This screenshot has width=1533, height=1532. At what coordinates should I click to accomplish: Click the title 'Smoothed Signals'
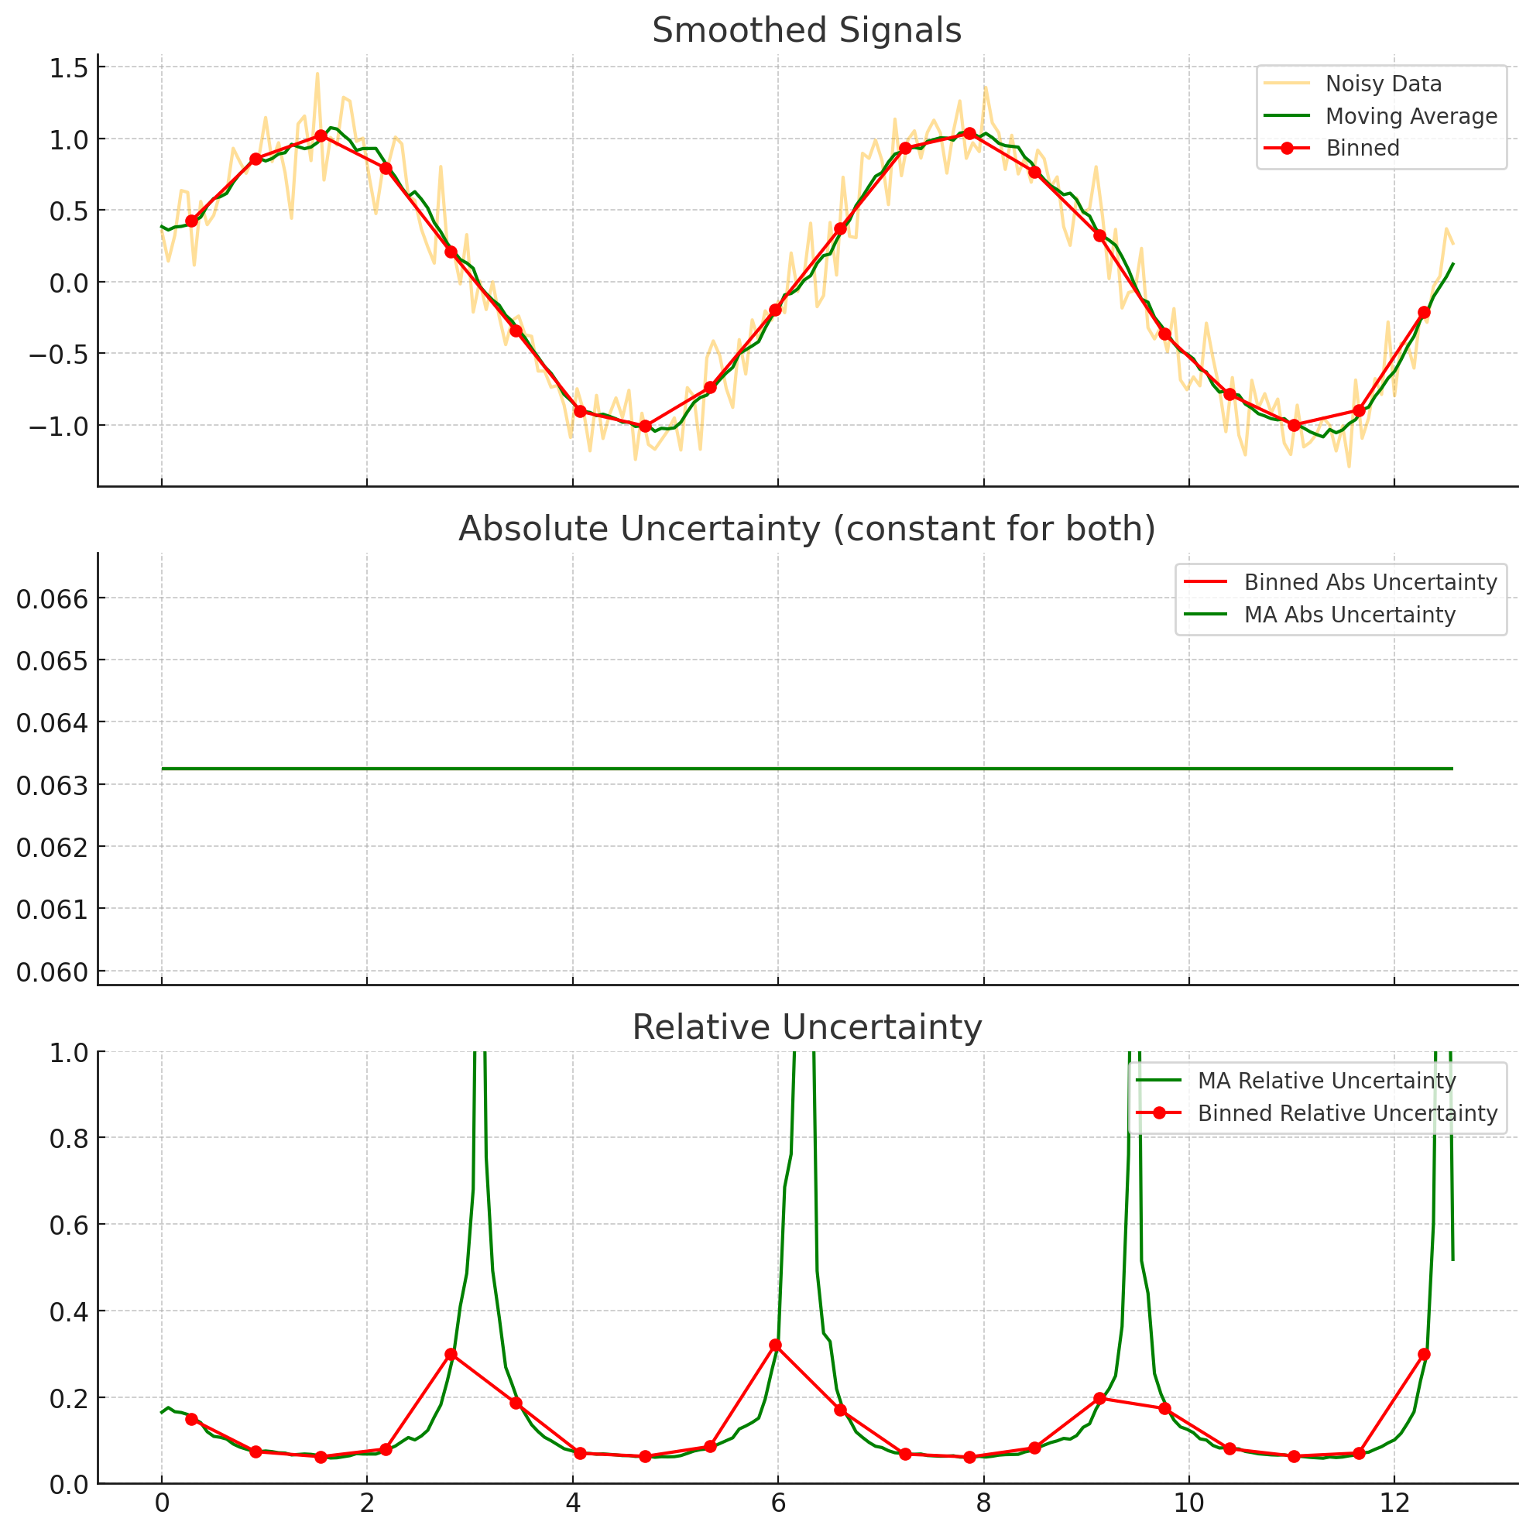[806, 32]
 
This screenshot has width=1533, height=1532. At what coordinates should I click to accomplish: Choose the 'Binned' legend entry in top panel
[1363, 149]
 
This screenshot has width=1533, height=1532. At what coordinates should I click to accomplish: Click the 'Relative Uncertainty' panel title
[806, 1028]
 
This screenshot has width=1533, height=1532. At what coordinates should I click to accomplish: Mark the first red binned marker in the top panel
[191, 221]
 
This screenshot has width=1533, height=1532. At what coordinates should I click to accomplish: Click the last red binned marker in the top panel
[1424, 313]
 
